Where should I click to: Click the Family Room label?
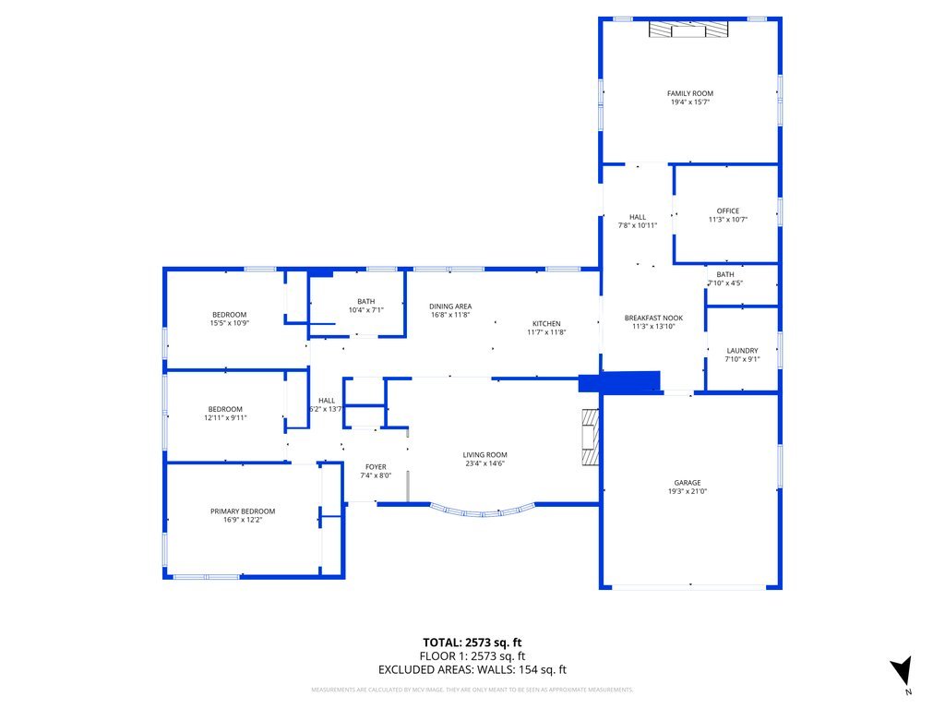690,93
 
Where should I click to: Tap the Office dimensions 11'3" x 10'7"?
727,220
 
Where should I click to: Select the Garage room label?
687,483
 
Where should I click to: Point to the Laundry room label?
742,351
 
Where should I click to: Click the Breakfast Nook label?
653,318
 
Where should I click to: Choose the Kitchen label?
545,323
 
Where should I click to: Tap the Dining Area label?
451,306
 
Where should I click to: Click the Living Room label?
484,455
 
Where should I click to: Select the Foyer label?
376,467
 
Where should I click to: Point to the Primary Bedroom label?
243,511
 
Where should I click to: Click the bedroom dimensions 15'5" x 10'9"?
230,323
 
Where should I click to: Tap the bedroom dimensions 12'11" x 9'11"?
225,417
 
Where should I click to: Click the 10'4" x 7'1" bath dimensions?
365,310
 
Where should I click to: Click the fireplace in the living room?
589,441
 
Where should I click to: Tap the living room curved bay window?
482,511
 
